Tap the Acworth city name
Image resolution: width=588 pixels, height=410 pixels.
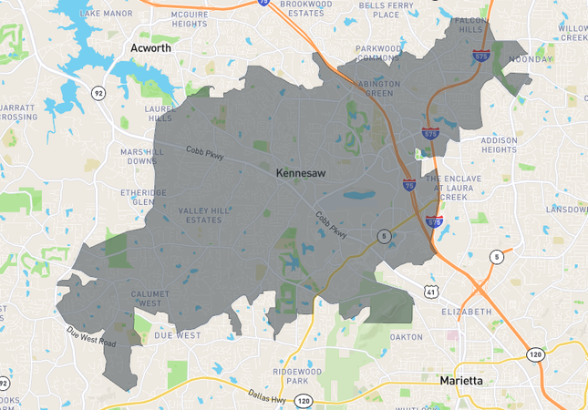click(x=150, y=47)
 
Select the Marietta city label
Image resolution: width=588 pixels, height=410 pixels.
click(x=466, y=380)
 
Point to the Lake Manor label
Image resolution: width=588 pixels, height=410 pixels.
click(x=100, y=14)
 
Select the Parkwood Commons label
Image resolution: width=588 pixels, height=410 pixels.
click(x=378, y=53)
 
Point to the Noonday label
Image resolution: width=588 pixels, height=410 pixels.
click(x=531, y=59)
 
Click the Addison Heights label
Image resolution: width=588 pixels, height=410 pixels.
click(x=499, y=145)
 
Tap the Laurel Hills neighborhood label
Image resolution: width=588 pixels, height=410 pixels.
click(x=159, y=112)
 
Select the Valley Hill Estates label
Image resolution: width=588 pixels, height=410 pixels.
click(x=204, y=214)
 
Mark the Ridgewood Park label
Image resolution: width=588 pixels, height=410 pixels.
click(x=302, y=377)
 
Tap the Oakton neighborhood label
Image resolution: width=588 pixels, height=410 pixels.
click(x=406, y=336)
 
